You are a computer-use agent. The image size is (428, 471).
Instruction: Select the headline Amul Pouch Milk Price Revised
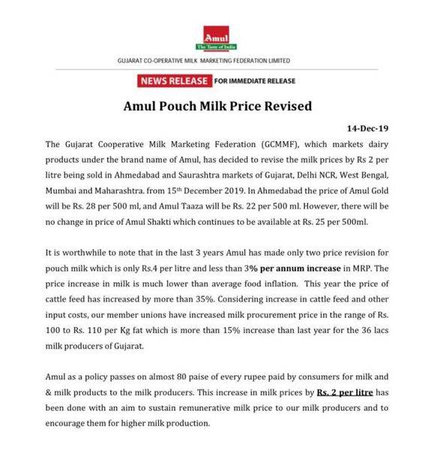[217, 106]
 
